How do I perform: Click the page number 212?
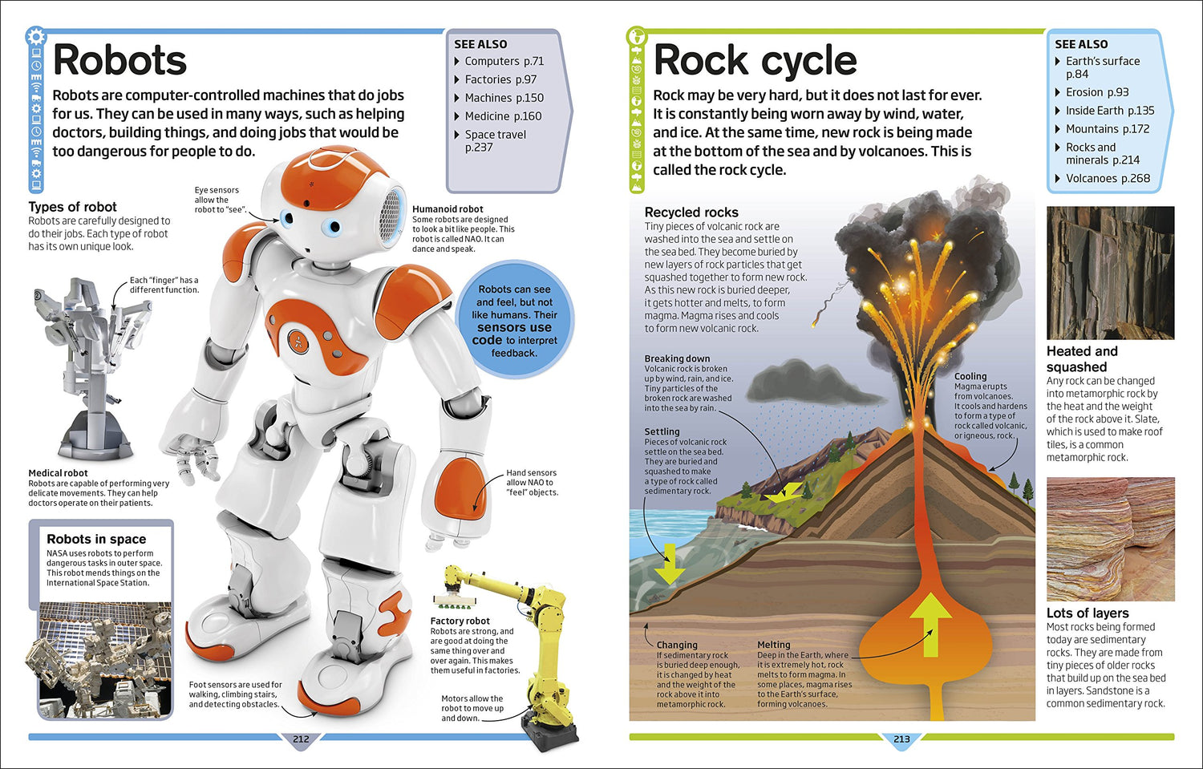(301, 739)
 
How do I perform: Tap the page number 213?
(901, 739)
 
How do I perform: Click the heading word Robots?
(119, 60)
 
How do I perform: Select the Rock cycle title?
(755, 60)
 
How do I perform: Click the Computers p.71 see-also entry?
(504, 61)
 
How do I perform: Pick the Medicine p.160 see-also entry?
(503, 116)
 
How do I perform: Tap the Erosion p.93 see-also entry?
(1096, 92)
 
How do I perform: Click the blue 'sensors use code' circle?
(514, 321)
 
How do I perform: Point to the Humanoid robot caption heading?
(448, 209)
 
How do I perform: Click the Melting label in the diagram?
(773, 645)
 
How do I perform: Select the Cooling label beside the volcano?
(970, 376)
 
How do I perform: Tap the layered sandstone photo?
(1110, 539)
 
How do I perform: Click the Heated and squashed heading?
(1081, 358)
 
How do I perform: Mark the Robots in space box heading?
(96, 539)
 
